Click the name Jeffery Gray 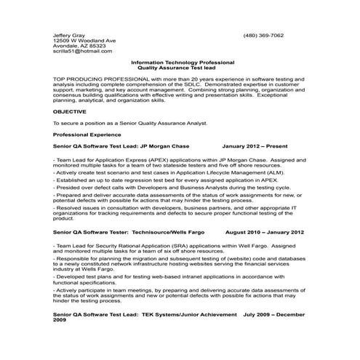point(68,35)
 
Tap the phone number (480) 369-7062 point(264,35)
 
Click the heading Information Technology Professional point(180,63)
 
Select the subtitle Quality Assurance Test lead point(180,68)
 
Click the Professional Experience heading point(86,135)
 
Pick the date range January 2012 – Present point(255,145)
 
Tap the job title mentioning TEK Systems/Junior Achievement point(145,315)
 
